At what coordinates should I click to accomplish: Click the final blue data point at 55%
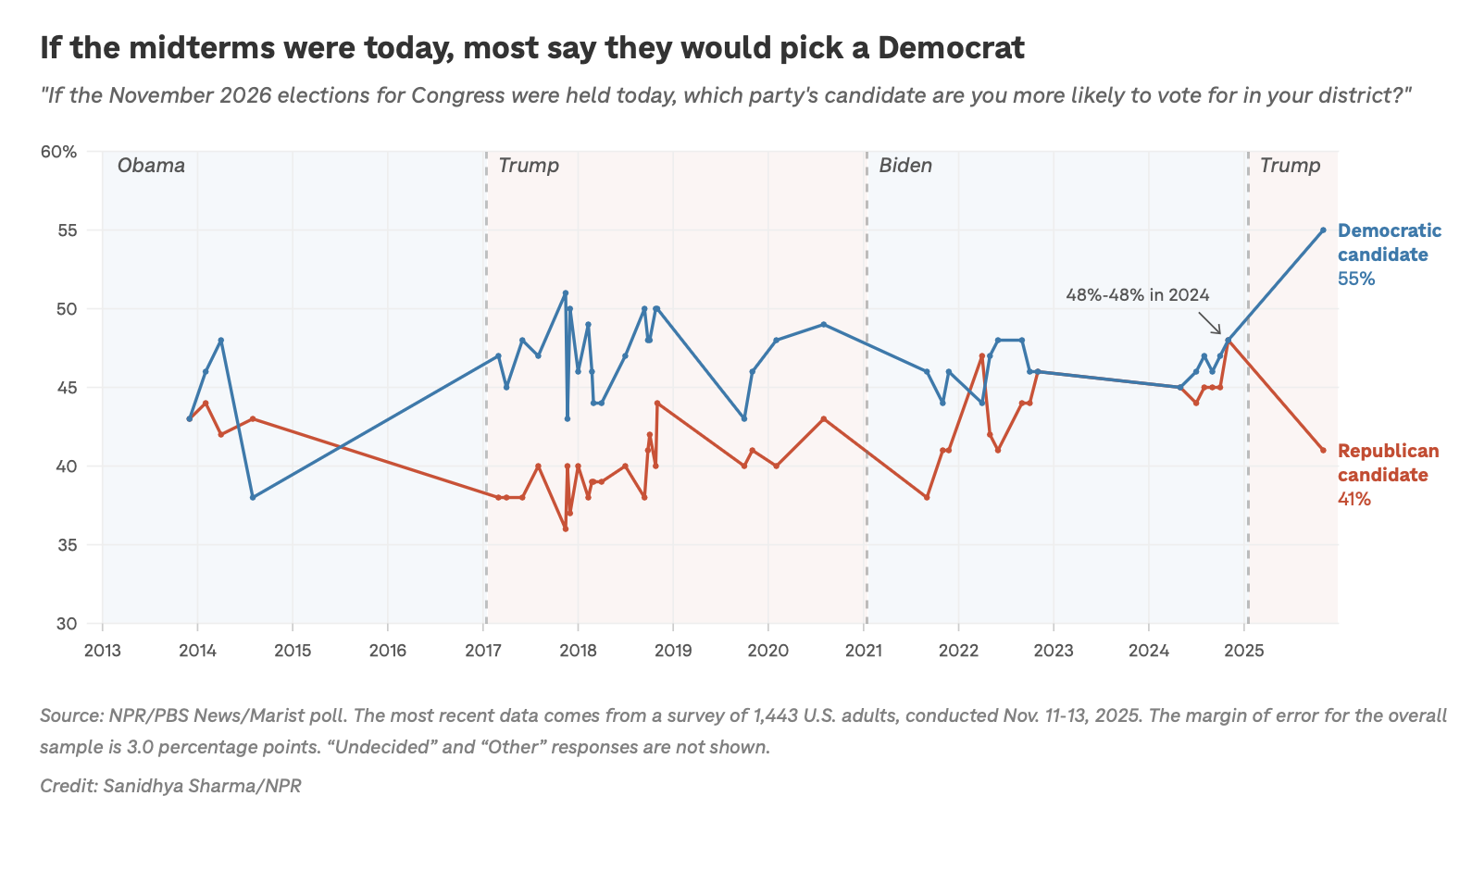[x=1323, y=230]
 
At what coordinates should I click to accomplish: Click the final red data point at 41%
[x=1323, y=450]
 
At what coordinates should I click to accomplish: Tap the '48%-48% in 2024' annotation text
[x=1138, y=295]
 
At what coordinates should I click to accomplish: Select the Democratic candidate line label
[x=1389, y=243]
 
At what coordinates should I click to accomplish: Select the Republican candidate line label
[x=1388, y=463]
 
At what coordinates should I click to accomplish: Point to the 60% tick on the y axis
[x=58, y=152]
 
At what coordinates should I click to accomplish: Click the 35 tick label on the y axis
[x=66, y=545]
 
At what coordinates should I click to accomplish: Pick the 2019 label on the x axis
[x=673, y=650]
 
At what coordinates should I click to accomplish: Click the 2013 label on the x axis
[x=102, y=650]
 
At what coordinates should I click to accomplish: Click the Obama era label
[x=151, y=166]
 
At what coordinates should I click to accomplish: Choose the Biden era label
[x=905, y=166]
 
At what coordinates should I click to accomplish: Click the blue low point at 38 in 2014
[x=253, y=497]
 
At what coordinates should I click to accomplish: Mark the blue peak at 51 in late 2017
[x=565, y=292]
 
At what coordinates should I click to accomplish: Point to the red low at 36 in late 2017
[x=565, y=529]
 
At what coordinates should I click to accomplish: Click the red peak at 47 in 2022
[x=981, y=355]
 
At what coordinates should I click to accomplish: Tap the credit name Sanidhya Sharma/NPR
[x=202, y=786]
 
